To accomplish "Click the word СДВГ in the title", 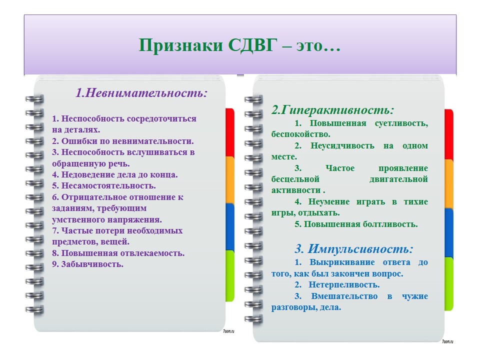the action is pyautogui.click(x=252, y=45).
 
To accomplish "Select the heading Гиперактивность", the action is pyautogui.click(x=336, y=109).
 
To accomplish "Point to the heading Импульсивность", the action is pyautogui.click(x=360, y=248).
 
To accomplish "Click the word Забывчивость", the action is pyautogui.click(x=92, y=264).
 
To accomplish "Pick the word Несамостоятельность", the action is pyautogui.click(x=108, y=186).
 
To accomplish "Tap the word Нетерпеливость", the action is pyautogui.click(x=344, y=284).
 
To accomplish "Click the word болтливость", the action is pyautogui.click(x=390, y=224).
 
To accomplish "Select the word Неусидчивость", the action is pyautogui.click(x=342, y=145).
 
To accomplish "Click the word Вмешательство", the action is pyautogui.click(x=344, y=296).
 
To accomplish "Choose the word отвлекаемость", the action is pyautogui.click(x=152, y=253).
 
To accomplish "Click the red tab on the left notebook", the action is pyautogui.click(x=230, y=132).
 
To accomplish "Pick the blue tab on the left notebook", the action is pyautogui.click(x=230, y=226).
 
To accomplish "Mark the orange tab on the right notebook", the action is pyautogui.click(x=449, y=183).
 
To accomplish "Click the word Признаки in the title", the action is pyautogui.click(x=180, y=45).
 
